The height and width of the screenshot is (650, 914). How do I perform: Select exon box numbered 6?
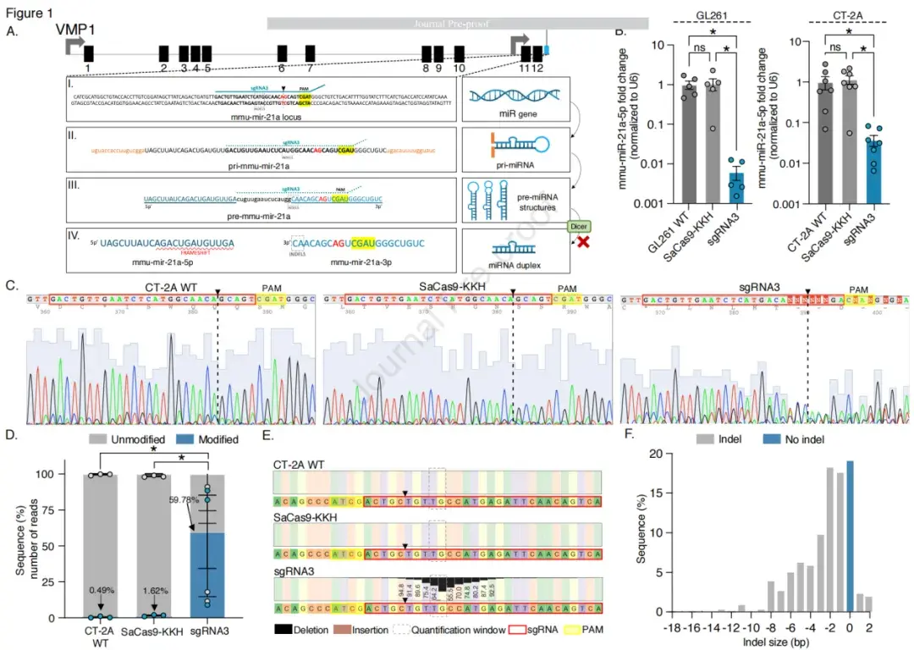pos(282,52)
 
